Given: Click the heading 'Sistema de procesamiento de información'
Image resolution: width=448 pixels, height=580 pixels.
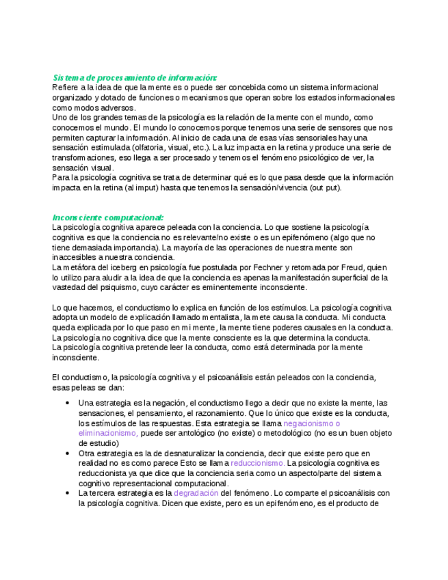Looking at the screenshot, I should (x=135, y=77).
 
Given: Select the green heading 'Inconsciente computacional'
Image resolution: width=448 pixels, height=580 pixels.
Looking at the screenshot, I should (x=108, y=217).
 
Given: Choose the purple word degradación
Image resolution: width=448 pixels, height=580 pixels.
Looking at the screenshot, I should (x=197, y=492).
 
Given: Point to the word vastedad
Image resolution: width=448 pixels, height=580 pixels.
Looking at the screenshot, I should (x=70, y=287).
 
